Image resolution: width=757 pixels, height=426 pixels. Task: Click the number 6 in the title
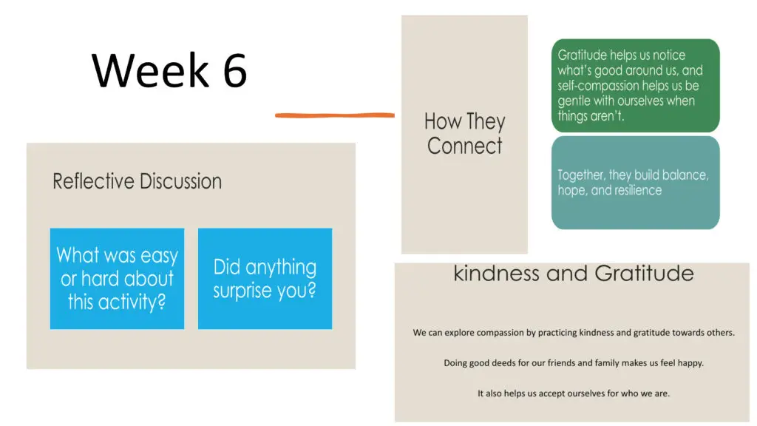click(x=235, y=70)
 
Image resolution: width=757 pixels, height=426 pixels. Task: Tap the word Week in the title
click(x=150, y=70)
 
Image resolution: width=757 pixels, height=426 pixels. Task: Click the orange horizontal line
click(x=335, y=115)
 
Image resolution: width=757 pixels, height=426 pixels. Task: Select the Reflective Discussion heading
click(x=137, y=182)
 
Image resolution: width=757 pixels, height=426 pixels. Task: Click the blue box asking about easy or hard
click(x=117, y=279)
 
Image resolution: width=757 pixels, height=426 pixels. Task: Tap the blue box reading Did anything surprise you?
click(x=265, y=279)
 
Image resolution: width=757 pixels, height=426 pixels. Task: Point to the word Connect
click(x=464, y=146)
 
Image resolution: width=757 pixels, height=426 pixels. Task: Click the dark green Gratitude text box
click(x=635, y=86)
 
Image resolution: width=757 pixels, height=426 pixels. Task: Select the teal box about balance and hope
click(x=635, y=183)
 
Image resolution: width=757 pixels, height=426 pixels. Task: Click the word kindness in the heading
click(x=496, y=274)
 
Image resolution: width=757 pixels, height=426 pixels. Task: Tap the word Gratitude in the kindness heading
click(x=644, y=274)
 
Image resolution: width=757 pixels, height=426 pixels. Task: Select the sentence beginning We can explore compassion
click(x=574, y=332)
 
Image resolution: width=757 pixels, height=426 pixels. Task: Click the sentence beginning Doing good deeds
click(x=574, y=362)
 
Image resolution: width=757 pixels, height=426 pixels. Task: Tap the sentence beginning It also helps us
click(x=574, y=393)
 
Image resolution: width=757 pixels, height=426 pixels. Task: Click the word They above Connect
click(x=484, y=122)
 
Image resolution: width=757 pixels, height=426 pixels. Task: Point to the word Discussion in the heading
click(x=181, y=182)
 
